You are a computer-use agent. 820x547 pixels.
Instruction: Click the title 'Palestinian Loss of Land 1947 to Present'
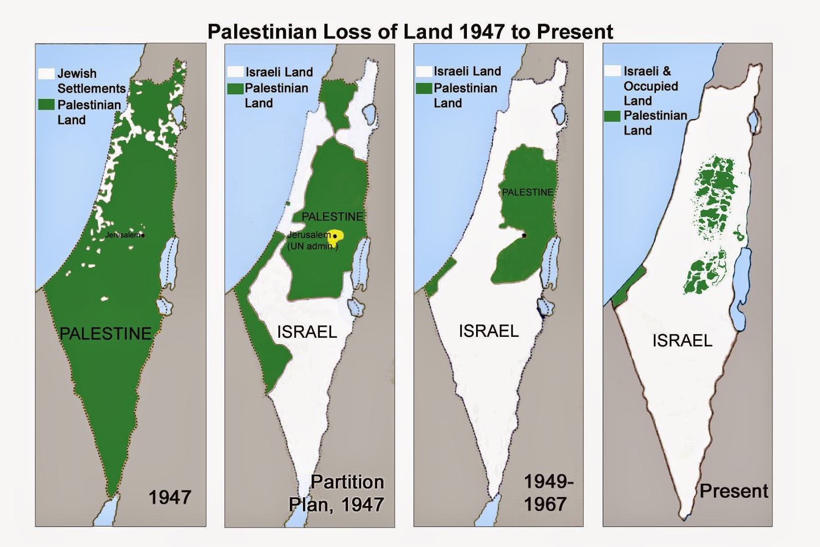[x=410, y=32]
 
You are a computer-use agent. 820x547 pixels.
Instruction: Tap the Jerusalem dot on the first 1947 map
[x=142, y=235]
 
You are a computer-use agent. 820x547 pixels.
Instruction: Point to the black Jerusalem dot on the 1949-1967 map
[x=524, y=235]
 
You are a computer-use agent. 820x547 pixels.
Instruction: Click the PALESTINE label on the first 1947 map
[x=106, y=334]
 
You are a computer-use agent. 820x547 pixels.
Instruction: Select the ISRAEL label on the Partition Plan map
[x=307, y=332]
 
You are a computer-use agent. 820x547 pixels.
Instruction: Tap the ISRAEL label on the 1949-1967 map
[x=488, y=331]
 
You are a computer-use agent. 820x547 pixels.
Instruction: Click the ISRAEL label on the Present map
[x=682, y=340]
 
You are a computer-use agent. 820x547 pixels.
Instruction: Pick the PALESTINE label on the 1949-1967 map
[x=527, y=192]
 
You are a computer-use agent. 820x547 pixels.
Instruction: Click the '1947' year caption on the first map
[x=170, y=497]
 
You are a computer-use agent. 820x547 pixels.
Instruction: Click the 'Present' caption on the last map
[x=733, y=491]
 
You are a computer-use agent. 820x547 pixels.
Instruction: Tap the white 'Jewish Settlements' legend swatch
[x=46, y=73]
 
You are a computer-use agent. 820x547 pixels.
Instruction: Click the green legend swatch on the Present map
[x=612, y=116]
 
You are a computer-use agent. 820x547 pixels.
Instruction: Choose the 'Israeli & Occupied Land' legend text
[x=650, y=86]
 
